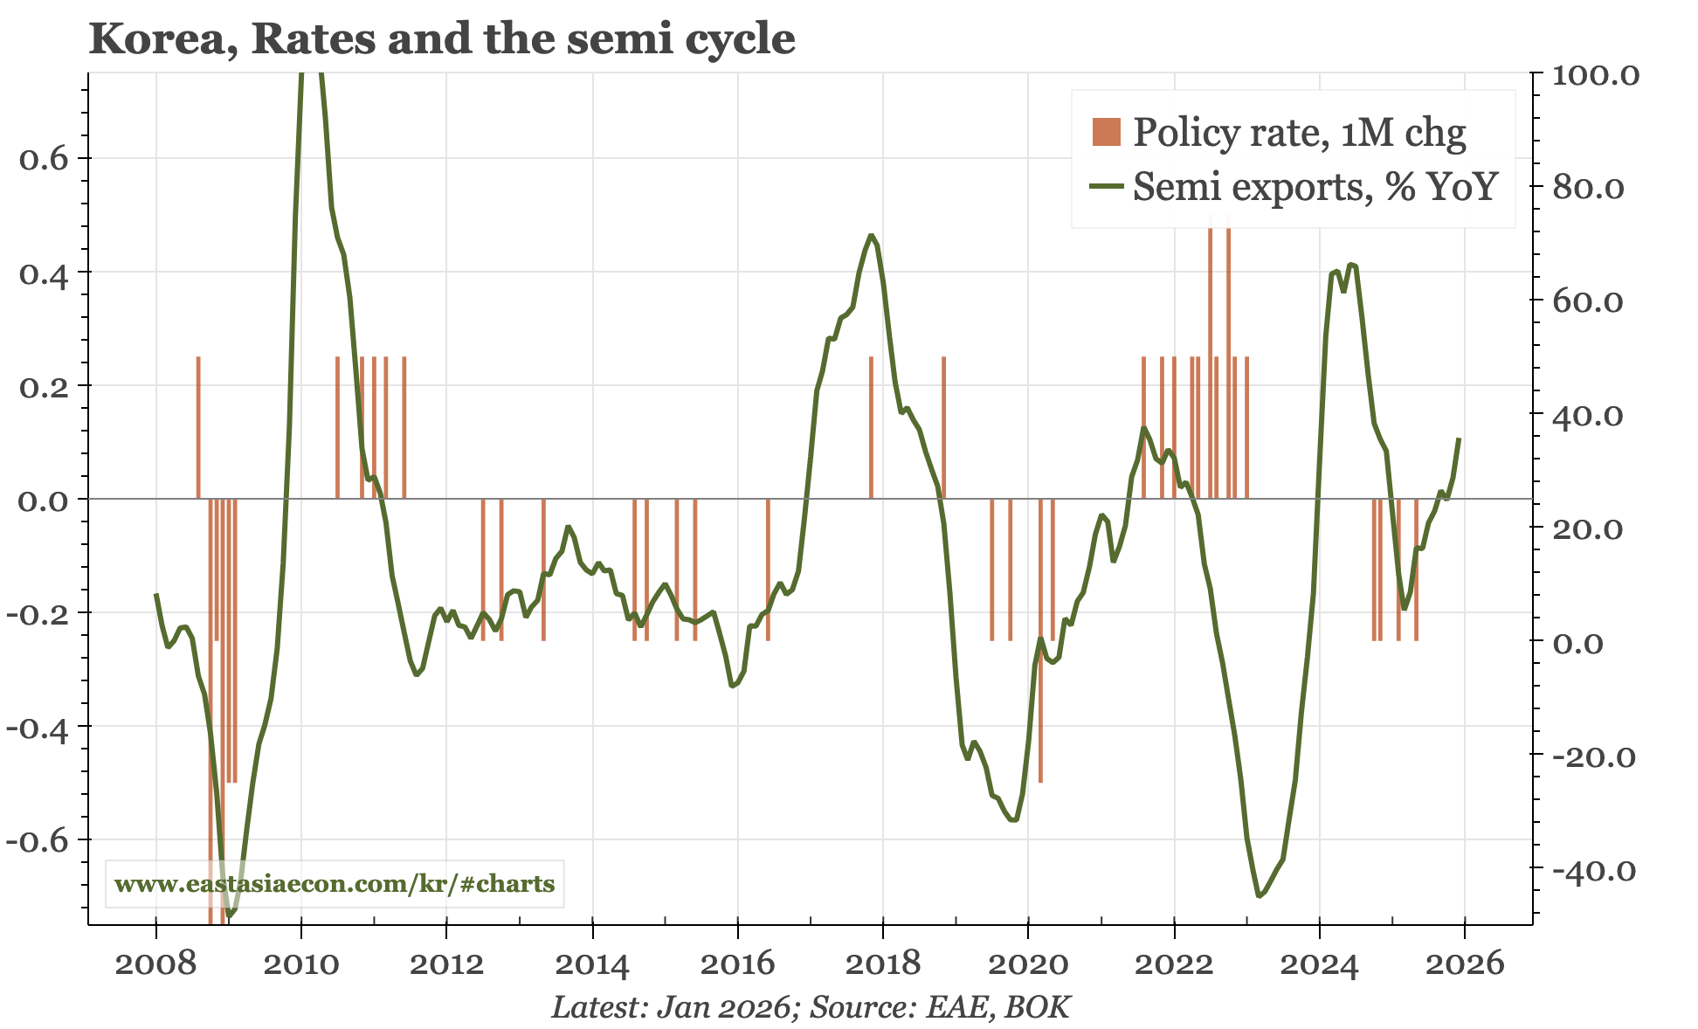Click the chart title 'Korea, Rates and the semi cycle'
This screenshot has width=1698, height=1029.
tap(442, 39)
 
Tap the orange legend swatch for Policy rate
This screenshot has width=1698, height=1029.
tap(1106, 132)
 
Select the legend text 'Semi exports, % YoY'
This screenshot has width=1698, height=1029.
tap(1315, 187)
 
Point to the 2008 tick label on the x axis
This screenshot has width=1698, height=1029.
tap(155, 964)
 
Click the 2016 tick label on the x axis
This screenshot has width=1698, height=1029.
tap(737, 964)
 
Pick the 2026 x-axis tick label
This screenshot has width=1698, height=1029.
tap(1464, 964)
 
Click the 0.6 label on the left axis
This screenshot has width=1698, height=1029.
tap(44, 159)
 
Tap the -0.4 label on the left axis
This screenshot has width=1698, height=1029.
tap(37, 727)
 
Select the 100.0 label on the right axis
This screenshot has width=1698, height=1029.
tap(1595, 75)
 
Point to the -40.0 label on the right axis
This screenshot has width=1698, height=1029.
tap(1593, 871)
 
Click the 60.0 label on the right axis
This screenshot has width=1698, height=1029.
tap(1587, 302)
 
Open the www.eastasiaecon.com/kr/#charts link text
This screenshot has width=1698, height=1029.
tap(335, 884)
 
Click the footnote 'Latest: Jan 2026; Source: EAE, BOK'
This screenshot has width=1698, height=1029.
tap(810, 1007)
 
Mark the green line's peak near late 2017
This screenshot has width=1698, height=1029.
tap(871, 235)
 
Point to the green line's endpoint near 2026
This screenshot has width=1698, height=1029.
tap(1459, 439)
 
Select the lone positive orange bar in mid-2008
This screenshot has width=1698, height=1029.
tap(198, 427)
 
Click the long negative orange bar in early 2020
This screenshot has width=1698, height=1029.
tap(1040, 639)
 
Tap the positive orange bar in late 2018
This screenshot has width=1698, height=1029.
tap(944, 427)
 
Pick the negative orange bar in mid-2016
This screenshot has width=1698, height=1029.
tap(768, 570)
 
